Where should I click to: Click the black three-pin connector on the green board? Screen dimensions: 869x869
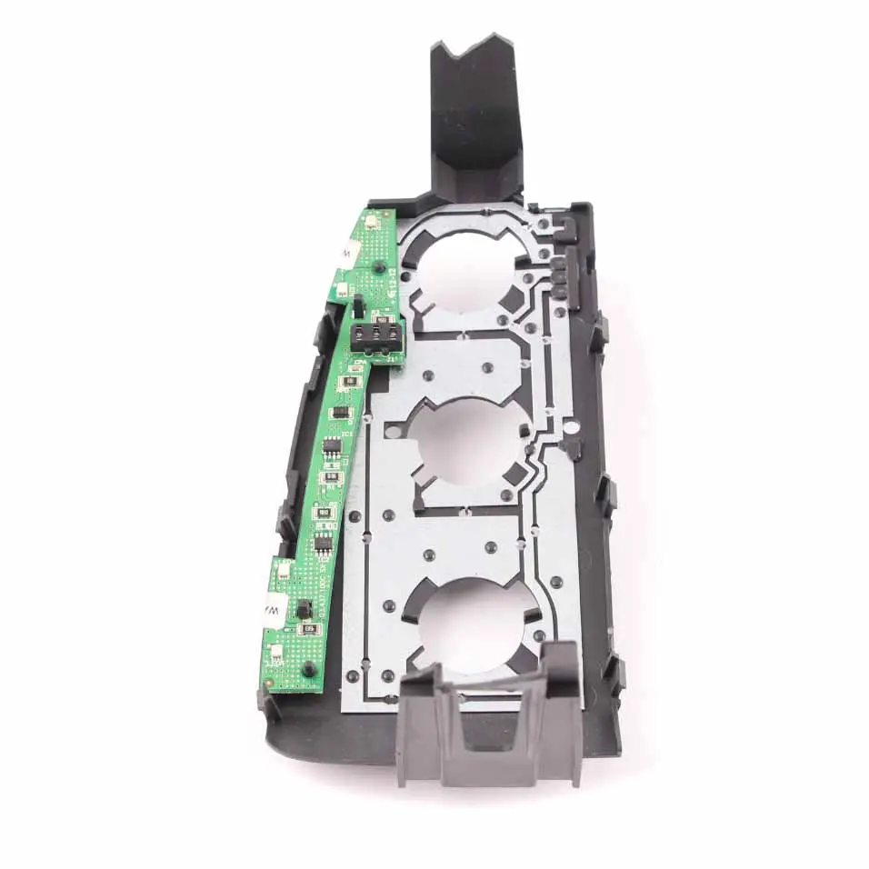point(375,337)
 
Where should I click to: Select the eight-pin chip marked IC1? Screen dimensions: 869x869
point(331,445)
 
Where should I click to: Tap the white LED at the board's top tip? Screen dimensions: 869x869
point(372,221)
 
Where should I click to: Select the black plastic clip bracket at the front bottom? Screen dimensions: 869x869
point(491,718)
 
